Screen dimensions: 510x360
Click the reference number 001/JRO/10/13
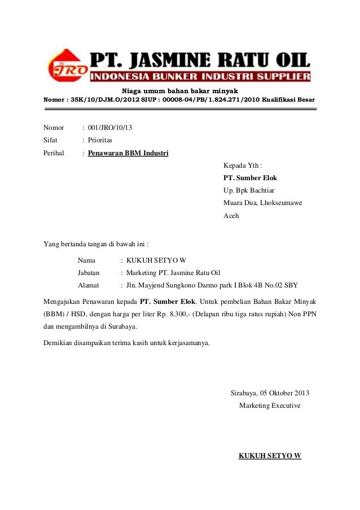(110, 128)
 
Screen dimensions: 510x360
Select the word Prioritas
(100, 140)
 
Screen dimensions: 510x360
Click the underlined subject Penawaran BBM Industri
(128, 152)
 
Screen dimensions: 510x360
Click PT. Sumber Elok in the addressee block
(250, 178)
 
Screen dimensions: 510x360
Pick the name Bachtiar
(260, 190)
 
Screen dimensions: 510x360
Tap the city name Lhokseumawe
(280, 203)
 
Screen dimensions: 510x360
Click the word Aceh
(231, 215)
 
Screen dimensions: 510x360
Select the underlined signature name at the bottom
(270, 456)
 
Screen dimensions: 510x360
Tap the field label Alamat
(89, 285)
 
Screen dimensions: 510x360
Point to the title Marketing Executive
(270, 406)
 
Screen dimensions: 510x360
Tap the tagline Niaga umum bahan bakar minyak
(180, 91)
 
